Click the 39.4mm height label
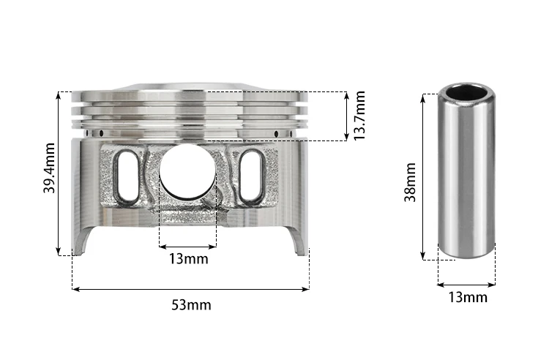tap(49, 168)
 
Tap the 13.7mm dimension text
tap(359, 116)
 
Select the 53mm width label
tap(191, 305)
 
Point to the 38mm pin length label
tap(410, 182)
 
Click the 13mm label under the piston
tap(189, 259)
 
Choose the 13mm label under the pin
tap(468, 297)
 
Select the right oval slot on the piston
tap(250, 176)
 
